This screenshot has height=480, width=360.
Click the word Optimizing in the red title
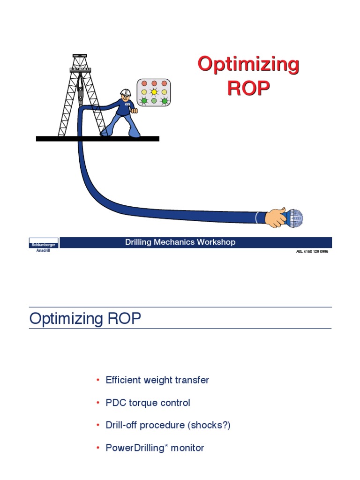point(248,64)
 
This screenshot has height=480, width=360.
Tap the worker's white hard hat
point(125,93)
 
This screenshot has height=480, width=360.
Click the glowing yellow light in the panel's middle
point(153,92)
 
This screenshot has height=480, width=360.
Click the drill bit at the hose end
point(295,217)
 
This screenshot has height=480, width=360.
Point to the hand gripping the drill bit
point(276,217)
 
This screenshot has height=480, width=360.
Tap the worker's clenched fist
point(134,111)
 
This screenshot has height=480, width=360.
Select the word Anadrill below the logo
point(44,250)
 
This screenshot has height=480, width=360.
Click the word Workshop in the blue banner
point(216,242)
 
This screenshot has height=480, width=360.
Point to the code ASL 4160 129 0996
point(312,252)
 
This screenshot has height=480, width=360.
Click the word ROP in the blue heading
point(123,319)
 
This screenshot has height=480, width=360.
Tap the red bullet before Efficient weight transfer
point(98,380)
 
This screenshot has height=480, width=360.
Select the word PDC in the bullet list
point(116,403)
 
